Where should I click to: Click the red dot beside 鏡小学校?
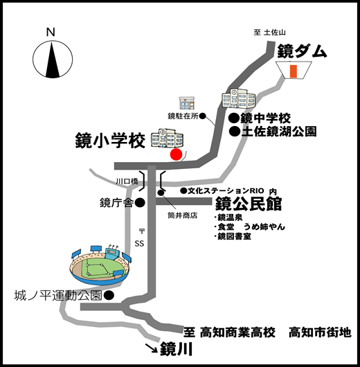coord(176,154)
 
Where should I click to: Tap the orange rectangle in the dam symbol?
coord(294,71)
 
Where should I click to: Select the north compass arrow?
coord(53,60)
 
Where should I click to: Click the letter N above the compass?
coord(51,32)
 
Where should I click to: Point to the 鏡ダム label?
coord(302,51)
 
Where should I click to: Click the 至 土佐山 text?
coord(269,33)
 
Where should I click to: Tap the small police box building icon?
coord(187,103)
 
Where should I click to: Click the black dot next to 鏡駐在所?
coord(202,116)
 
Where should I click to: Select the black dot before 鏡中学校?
coord(235,118)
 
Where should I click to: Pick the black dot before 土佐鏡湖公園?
coord(235,132)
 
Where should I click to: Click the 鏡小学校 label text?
coord(110,141)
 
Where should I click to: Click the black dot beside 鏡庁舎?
coord(141,203)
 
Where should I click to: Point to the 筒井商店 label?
coord(183,215)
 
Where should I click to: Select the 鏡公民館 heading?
coord(249,204)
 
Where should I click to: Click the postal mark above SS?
coord(142,231)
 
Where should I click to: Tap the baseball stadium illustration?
coord(100,265)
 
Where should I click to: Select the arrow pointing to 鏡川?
coord(152,348)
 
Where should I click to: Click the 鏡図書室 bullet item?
coord(233,236)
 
